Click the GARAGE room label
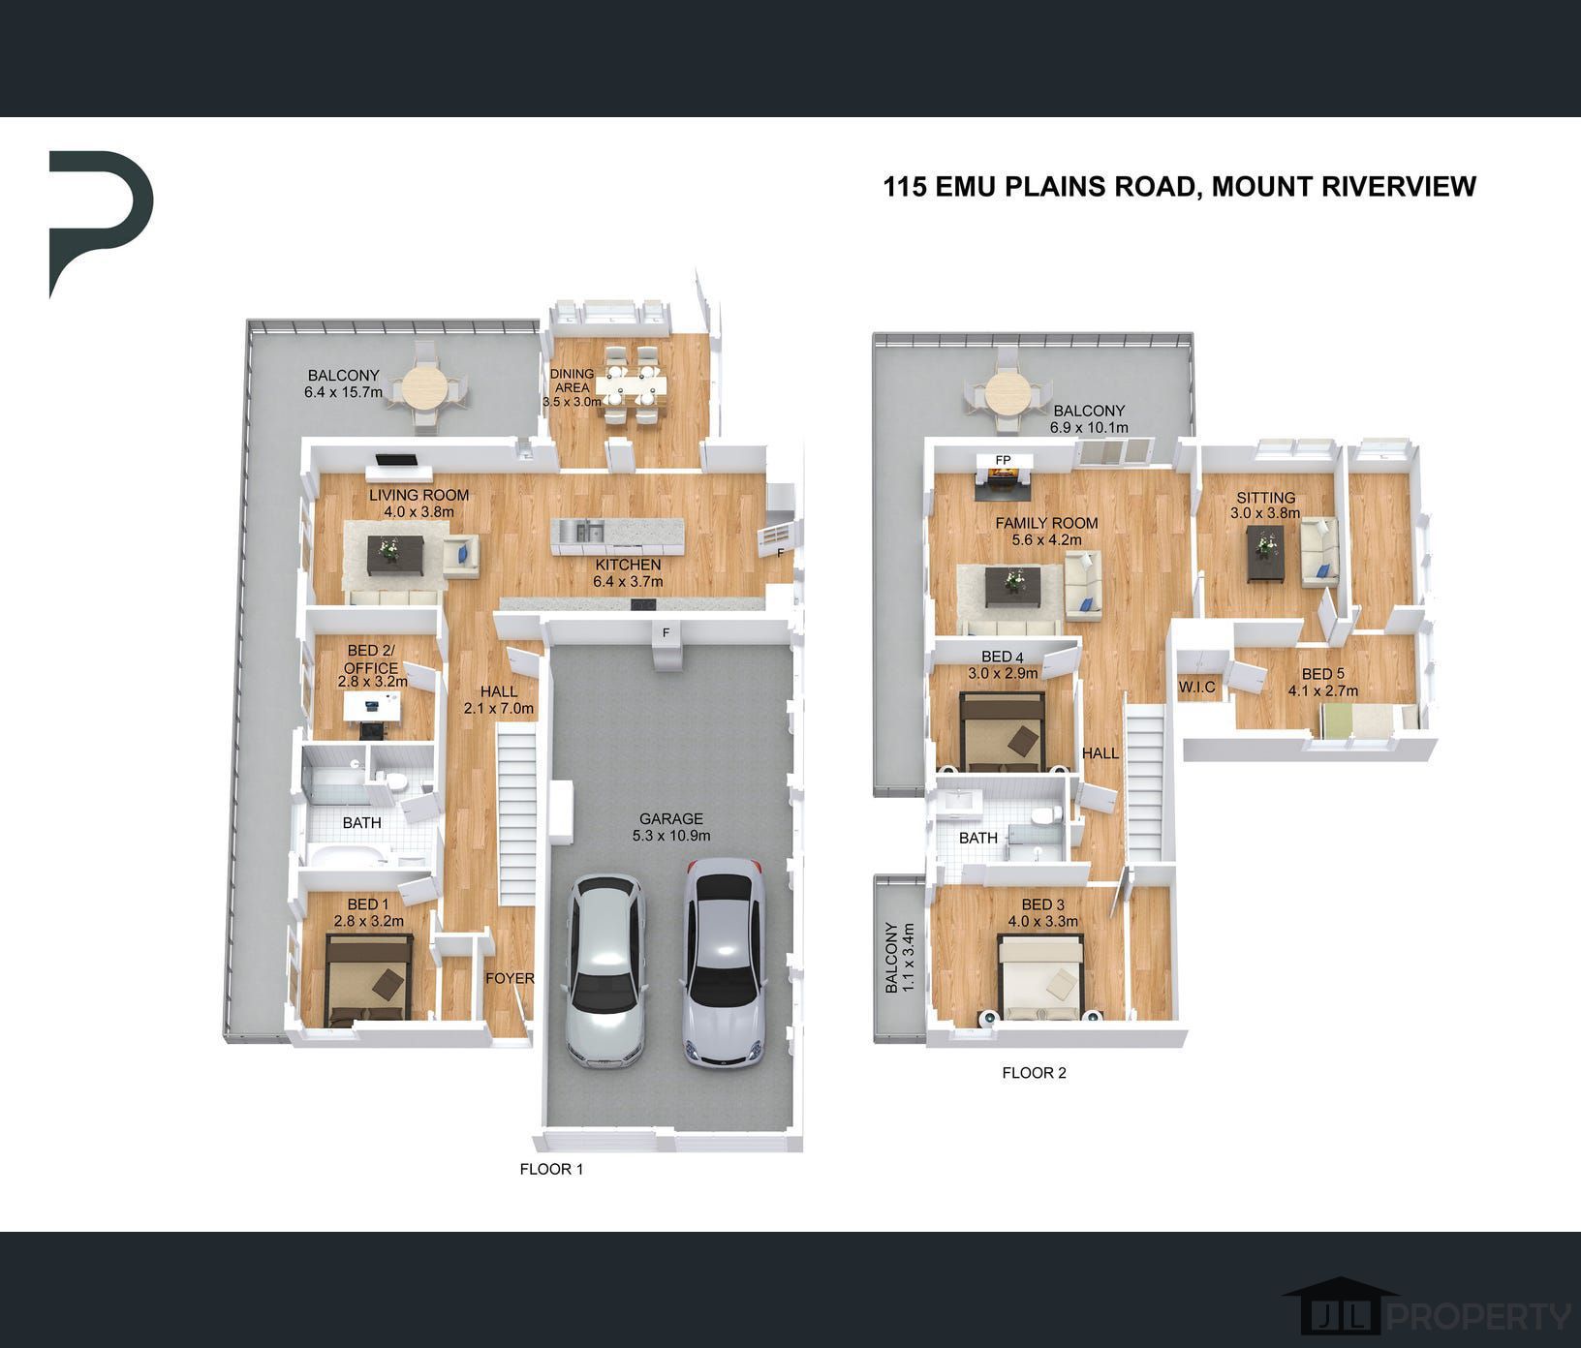pos(671,818)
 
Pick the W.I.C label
pos(1196,687)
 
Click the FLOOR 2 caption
pos(1034,1072)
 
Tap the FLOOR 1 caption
pos(551,1169)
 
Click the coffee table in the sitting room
pos(1264,554)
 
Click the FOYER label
pos(510,978)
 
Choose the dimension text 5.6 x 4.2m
pos(1047,539)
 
